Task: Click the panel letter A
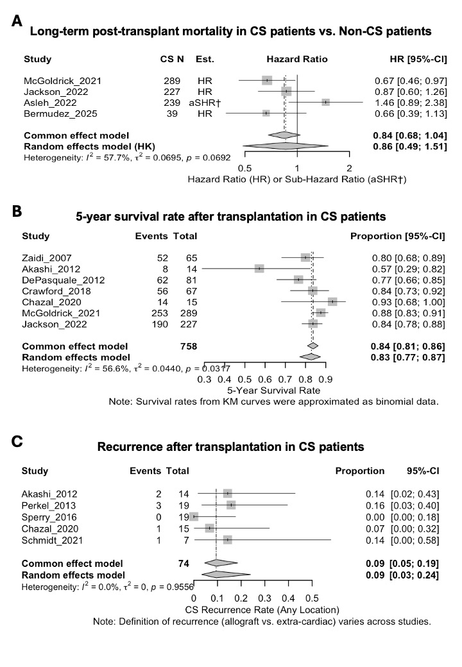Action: [17, 22]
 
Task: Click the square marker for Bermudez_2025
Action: [266, 113]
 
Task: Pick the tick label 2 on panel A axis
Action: [349, 167]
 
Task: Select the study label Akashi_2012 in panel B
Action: [47, 269]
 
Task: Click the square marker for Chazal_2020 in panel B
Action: [332, 301]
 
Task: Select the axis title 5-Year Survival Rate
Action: [274, 389]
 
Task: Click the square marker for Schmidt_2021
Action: [227, 540]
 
